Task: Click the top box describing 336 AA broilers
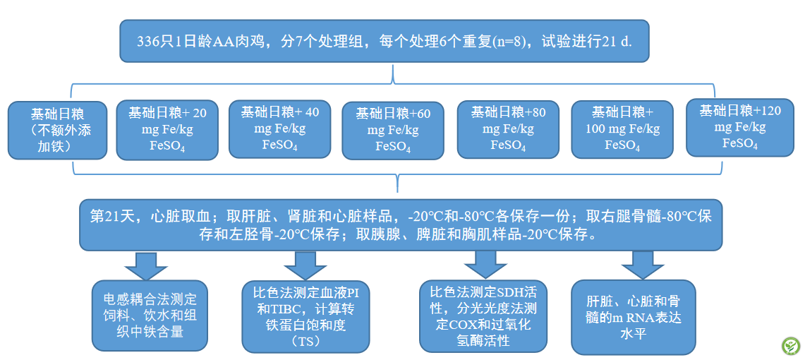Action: coord(384,41)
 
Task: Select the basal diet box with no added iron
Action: coord(58,131)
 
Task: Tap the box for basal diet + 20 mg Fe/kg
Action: coord(167,129)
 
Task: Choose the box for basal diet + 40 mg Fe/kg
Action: coord(280,128)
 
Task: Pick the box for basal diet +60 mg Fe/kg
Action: coord(393,131)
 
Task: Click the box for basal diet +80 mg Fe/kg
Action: coord(508,129)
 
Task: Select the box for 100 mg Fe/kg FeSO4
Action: coord(622,129)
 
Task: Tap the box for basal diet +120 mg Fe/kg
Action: coord(740,127)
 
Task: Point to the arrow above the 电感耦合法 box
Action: coord(147,265)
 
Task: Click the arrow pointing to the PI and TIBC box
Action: coord(305,265)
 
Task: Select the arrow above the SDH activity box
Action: coord(485,264)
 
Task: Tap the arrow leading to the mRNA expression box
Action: coord(643,265)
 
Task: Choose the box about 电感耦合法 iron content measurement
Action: coord(150,316)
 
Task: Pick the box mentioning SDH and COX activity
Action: coord(483,316)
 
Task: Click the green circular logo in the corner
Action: coord(790,346)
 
